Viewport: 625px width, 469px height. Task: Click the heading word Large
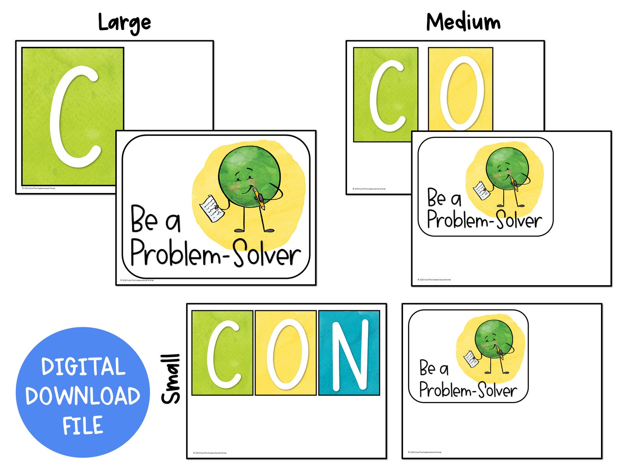pos(124,23)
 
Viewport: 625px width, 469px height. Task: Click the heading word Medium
pos(463,22)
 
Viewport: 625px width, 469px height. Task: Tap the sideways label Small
pos(171,379)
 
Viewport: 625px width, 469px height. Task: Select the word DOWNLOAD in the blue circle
pos(83,396)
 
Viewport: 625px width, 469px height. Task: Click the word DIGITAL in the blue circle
pos(83,367)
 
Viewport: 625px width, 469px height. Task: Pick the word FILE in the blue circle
pos(83,425)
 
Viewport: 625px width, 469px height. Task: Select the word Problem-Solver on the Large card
pos(216,254)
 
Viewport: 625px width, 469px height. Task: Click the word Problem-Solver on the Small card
pos(468,390)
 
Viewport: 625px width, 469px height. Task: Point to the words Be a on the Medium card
pos(444,198)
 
